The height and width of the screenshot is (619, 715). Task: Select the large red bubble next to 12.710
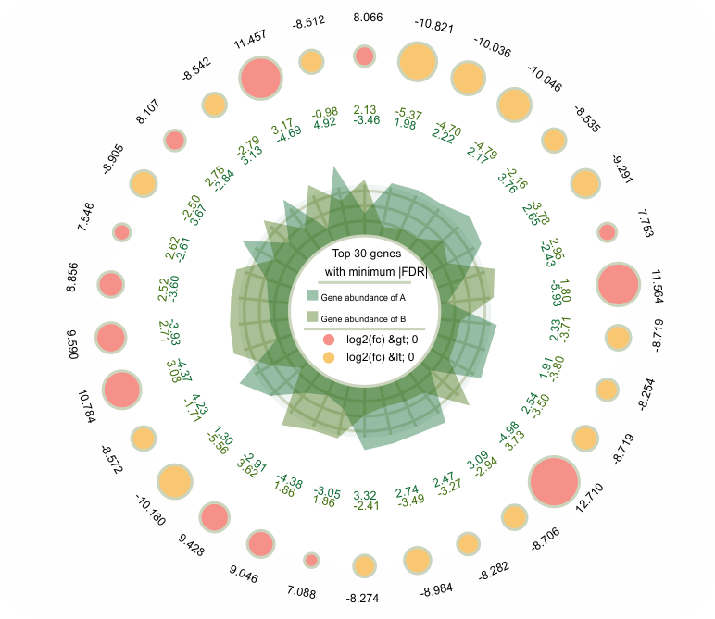pyautogui.click(x=555, y=482)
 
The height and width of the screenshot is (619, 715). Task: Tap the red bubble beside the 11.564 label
pyautogui.click(x=618, y=284)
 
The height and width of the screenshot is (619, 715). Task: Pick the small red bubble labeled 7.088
pyautogui.click(x=312, y=560)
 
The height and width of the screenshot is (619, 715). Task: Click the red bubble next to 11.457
pyautogui.click(x=260, y=78)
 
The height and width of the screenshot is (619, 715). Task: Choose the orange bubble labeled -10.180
pyautogui.click(x=174, y=482)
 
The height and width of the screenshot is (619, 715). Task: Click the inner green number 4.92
pyautogui.click(x=325, y=123)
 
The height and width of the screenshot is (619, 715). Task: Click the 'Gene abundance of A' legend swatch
pyautogui.click(x=313, y=296)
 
